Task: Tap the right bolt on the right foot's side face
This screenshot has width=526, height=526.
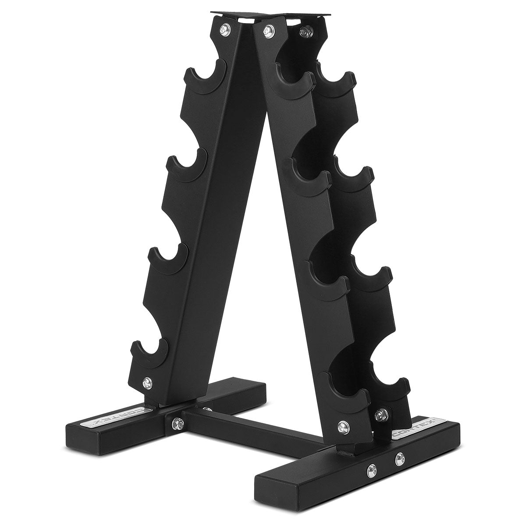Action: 398,459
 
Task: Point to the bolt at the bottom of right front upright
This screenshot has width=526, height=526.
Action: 342,424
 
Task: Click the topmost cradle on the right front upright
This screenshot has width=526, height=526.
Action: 294,77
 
